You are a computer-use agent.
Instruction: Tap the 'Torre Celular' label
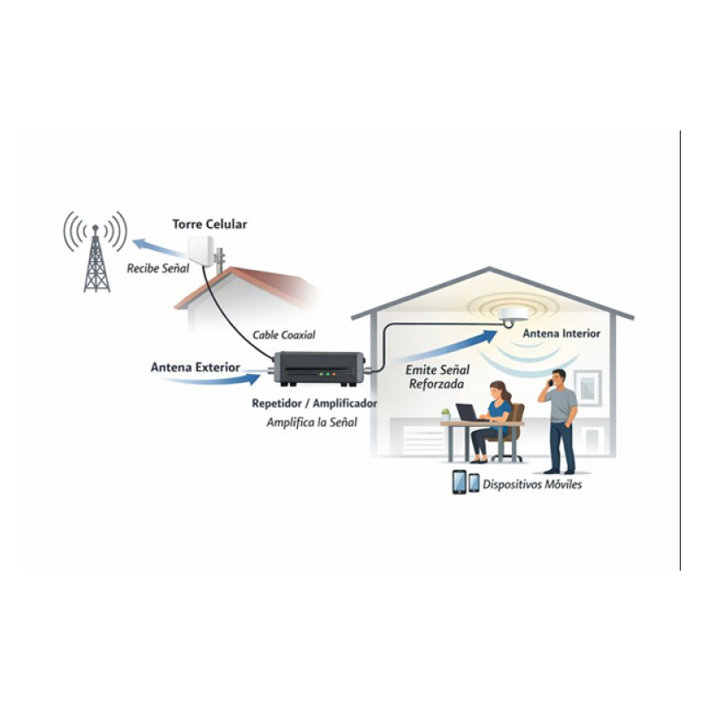209,224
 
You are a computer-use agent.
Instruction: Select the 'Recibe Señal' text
159,268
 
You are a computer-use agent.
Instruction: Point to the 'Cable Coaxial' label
284,335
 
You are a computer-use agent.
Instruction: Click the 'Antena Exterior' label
195,367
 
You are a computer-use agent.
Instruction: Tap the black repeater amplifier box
319,369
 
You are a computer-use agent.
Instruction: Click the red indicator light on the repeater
334,374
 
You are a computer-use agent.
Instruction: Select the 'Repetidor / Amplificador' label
315,403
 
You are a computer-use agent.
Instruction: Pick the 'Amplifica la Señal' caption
312,422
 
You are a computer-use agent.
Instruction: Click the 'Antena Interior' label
562,334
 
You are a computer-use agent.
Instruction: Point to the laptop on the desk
467,413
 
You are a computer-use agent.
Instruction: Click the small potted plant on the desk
446,414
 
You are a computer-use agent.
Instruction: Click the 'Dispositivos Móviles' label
533,485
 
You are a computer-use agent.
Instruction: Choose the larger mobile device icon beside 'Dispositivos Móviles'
459,482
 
